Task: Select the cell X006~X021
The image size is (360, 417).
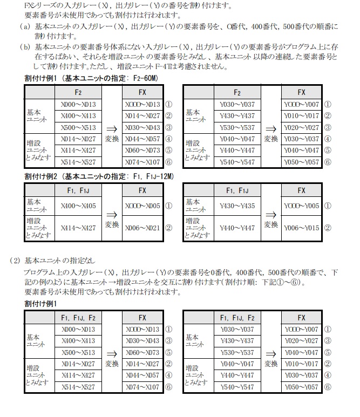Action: [x=142, y=228]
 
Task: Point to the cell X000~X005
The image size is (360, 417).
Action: [x=142, y=206]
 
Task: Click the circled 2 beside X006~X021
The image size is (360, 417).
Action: [x=168, y=228]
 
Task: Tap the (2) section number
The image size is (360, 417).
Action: [x=15, y=259]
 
